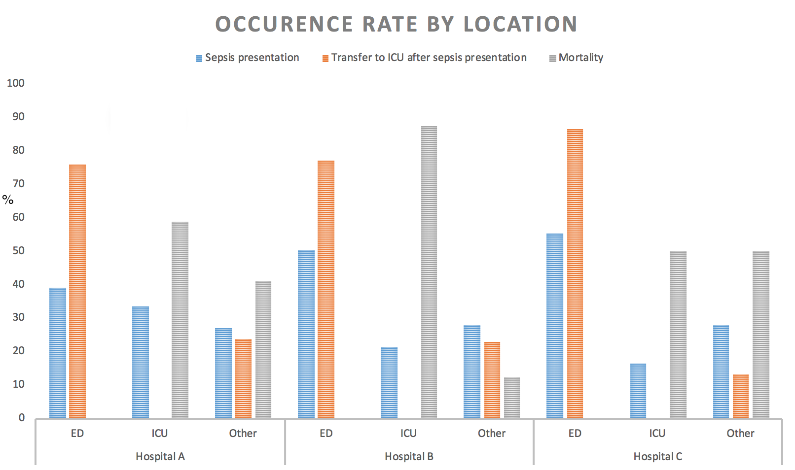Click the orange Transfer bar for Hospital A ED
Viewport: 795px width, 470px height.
coord(77,291)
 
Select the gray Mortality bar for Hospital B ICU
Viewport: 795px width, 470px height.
coord(429,272)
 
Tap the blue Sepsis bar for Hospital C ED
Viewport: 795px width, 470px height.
coord(555,326)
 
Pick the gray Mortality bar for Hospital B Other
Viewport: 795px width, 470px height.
coord(512,398)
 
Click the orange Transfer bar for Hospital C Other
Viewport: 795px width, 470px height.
coord(741,396)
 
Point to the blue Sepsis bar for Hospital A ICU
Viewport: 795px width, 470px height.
coord(141,362)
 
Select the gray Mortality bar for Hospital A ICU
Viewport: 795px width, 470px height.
coord(180,320)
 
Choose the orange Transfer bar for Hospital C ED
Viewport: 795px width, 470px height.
coord(575,273)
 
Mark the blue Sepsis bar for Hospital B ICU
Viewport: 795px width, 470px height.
coord(389,382)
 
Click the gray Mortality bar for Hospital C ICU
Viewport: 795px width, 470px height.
coord(678,335)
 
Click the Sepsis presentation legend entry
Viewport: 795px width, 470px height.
coord(248,58)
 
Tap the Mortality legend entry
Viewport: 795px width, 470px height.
coord(577,58)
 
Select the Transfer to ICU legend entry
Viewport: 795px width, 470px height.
coord(425,58)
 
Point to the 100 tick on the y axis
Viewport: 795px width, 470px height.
coord(16,83)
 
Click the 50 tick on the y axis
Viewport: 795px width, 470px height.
coord(18,251)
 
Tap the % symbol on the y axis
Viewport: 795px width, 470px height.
coord(8,200)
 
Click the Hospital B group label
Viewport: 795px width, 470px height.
coord(409,457)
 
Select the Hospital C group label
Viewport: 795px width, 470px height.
coord(658,457)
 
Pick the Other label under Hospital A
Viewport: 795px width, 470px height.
coord(243,434)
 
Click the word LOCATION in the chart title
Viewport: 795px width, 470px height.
coord(520,24)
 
